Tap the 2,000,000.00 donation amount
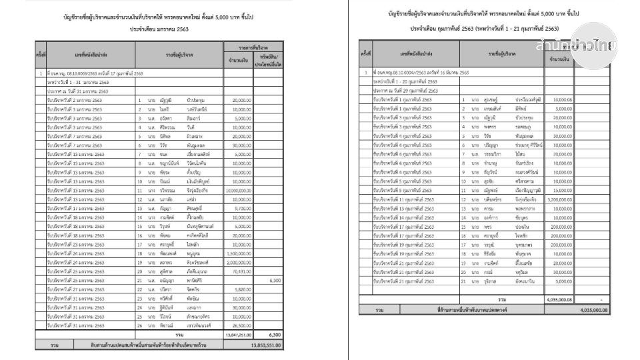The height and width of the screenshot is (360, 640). click(239, 263)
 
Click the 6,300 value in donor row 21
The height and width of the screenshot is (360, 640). click(274, 281)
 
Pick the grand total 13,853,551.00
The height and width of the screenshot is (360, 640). click(265, 346)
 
